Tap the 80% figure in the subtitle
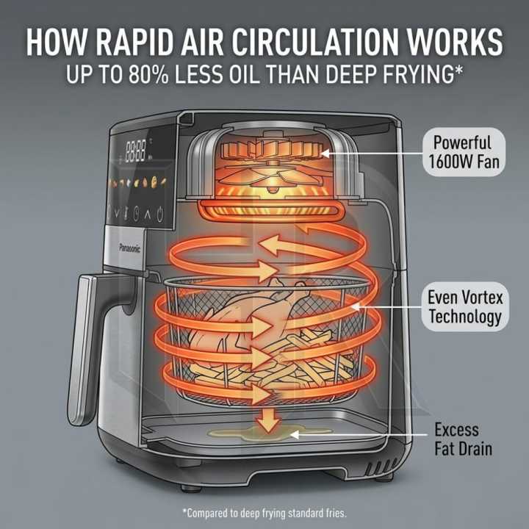pos(148,74)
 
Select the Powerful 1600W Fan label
pos(464,152)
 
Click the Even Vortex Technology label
pos(465,306)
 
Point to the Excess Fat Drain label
pos(463,439)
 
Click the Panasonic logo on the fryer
pos(129,248)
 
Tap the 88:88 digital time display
pos(136,151)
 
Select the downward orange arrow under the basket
pos(268,420)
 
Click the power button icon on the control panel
pos(160,214)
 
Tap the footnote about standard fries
pos(264,513)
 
